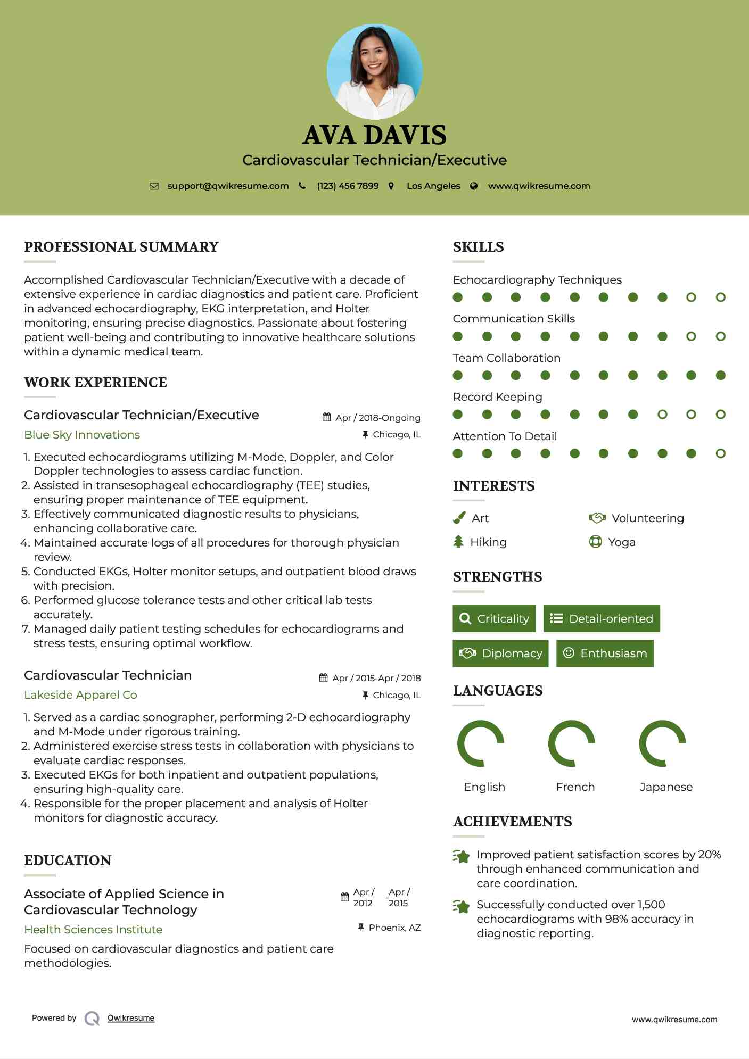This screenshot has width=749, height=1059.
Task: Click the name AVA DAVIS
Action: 374,135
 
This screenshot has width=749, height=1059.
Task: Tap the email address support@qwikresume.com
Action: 228,186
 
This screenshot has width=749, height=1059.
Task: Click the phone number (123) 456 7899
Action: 348,186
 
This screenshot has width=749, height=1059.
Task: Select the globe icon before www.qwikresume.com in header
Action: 474,186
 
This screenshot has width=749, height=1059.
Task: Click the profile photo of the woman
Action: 374,71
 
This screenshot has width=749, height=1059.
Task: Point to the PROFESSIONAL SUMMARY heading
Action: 121,247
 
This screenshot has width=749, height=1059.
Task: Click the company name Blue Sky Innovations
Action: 82,435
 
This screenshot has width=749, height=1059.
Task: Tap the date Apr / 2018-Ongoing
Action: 377,418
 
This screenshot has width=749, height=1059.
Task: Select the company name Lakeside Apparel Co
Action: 80,695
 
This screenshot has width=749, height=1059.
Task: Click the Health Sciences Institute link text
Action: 93,930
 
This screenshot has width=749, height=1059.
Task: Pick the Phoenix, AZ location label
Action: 394,928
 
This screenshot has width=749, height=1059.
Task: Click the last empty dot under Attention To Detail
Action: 720,453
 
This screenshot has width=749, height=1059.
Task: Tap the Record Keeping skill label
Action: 497,397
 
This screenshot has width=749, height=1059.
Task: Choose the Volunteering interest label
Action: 647,518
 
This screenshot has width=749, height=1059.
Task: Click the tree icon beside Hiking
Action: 458,542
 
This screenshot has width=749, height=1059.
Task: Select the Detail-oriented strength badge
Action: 602,618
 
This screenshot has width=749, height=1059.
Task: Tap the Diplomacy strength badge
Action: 500,653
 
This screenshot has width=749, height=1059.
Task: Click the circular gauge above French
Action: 571,743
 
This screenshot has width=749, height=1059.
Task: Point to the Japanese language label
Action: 666,787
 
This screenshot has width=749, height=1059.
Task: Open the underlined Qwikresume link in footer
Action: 131,1018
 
